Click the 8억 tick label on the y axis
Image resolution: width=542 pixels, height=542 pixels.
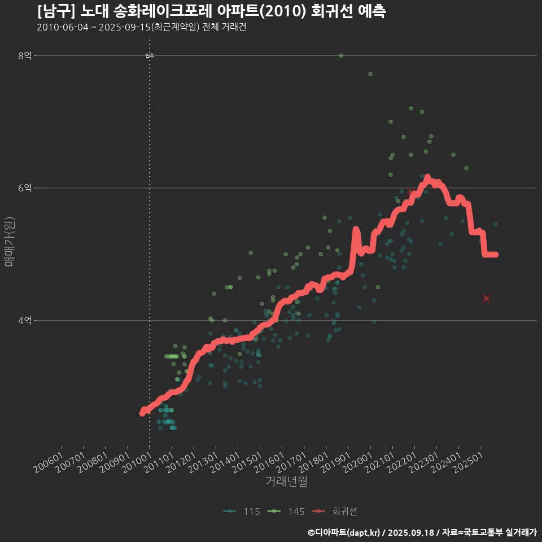click(25, 55)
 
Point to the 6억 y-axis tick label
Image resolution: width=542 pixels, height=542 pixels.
click(25, 188)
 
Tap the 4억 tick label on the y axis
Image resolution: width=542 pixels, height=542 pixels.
click(25, 321)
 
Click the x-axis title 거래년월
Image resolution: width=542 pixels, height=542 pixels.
click(287, 482)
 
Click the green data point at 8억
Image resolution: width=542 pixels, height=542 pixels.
click(341, 55)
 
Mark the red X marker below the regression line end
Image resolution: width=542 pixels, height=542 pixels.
click(486, 298)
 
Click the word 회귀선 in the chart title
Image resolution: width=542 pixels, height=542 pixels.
click(334, 11)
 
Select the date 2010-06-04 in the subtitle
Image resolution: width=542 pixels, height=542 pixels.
click(62, 28)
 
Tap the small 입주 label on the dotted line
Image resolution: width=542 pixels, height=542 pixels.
click(150, 55)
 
